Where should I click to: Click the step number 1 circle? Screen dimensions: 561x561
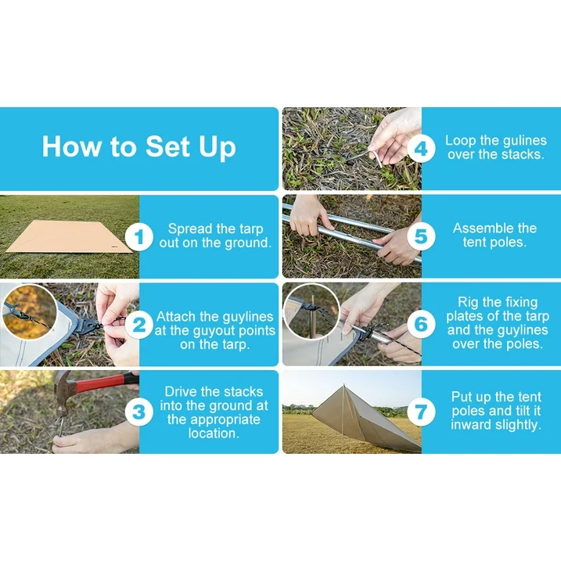pyautogui.click(x=139, y=236)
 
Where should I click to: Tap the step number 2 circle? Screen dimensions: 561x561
pyautogui.click(x=139, y=325)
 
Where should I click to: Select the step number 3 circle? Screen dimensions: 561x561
pyautogui.click(x=139, y=412)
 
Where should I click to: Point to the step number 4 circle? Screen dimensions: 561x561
pyautogui.click(x=421, y=149)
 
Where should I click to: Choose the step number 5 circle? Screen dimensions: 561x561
pyautogui.click(x=421, y=236)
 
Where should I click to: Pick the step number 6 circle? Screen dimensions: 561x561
pyautogui.click(x=421, y=325)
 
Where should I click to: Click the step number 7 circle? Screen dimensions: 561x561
pyautogui.click(x=421, y=412)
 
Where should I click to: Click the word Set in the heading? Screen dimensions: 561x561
pyautogui.click(x=167, y=146)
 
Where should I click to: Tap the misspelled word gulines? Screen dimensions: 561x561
pyautogui.click(x=524, y=141)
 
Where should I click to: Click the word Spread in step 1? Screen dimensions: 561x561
pyautogui.click(x=189, y=229)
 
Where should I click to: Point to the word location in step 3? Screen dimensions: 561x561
pyautogui.click(x=214, y=433)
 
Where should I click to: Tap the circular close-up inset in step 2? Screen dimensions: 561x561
pyautogui.click(x=28, y=312)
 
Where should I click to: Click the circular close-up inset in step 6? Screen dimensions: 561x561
pyautogui.click(x=311, y=311)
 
